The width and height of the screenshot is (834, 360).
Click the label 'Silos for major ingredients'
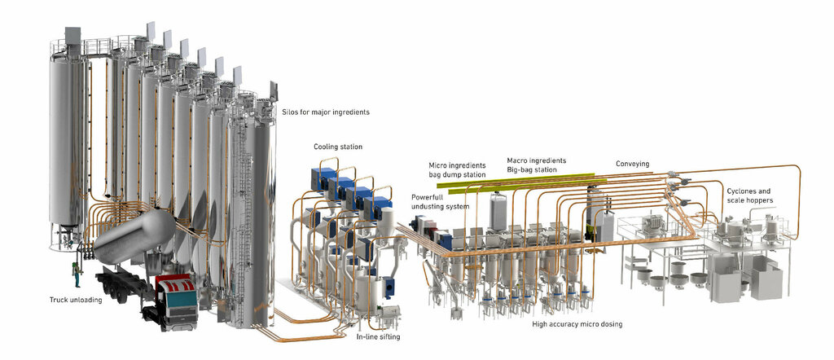325,112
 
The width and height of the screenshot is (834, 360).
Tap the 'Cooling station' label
338,147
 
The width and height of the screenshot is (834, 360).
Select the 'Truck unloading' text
76,300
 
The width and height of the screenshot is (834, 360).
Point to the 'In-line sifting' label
378,336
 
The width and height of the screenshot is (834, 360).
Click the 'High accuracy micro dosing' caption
577,324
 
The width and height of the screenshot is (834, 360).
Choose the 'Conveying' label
632,164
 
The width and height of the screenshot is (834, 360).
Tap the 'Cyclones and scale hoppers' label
749,195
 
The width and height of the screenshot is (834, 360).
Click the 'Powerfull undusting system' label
440,201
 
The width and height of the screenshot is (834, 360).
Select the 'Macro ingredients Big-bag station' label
537,165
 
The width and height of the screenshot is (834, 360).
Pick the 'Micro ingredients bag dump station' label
458,169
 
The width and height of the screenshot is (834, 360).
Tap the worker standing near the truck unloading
77,274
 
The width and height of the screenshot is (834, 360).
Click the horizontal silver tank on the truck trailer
134,237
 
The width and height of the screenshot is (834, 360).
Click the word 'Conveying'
632,164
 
